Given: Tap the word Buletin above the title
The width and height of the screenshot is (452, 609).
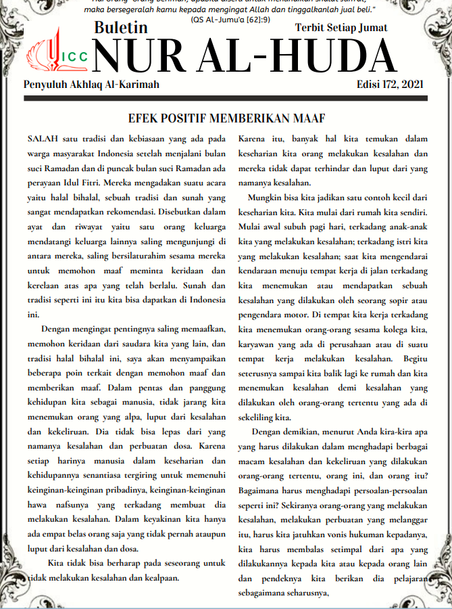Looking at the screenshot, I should click(122, 28).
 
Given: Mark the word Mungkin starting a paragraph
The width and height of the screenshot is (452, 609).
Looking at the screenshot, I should click(268, 198).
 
